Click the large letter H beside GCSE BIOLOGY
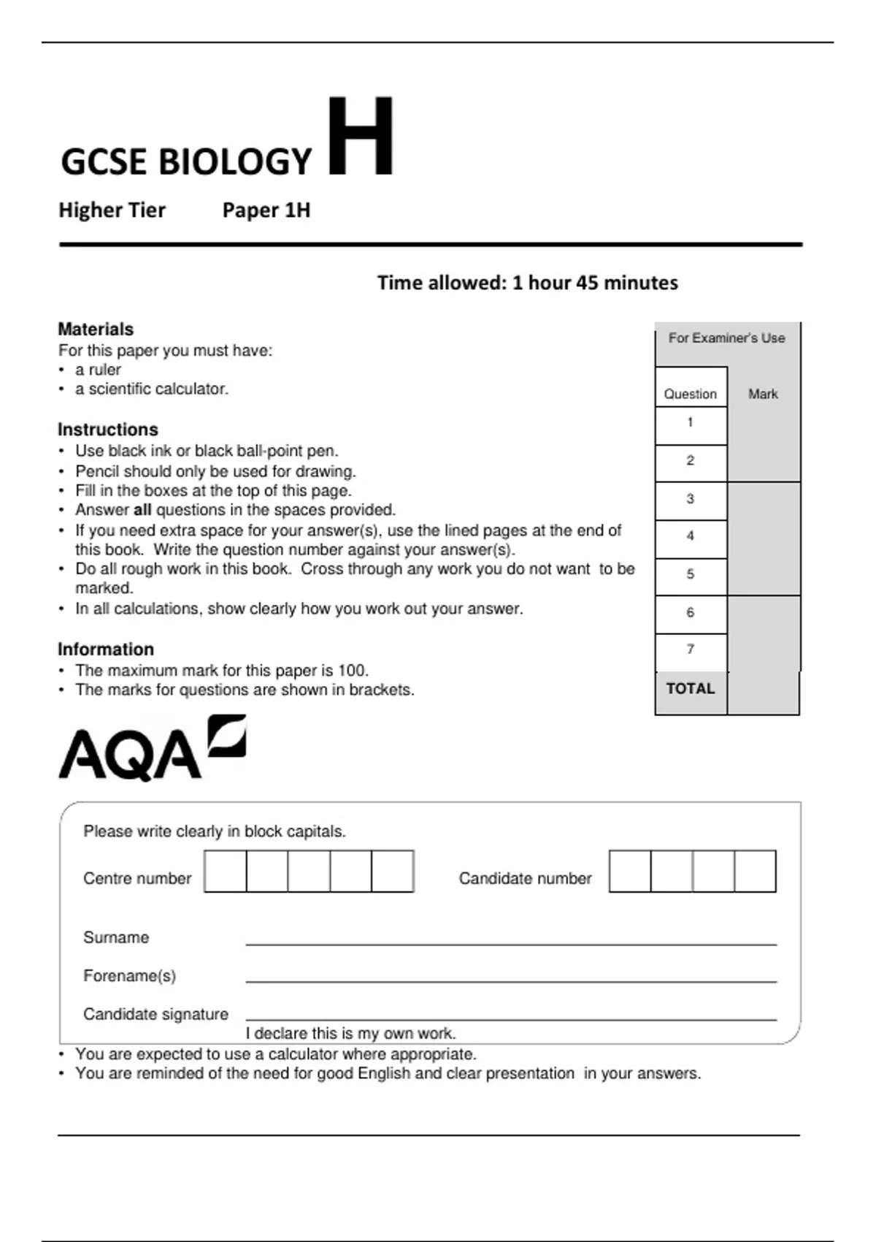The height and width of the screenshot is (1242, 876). pos(361,137)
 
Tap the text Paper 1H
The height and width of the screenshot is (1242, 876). pos(266,210)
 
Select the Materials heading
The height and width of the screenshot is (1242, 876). pos(96,329)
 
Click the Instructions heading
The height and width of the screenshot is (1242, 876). pos(107,430)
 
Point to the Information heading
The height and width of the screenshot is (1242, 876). pos(105,649)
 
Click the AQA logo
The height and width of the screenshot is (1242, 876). pos(151,750)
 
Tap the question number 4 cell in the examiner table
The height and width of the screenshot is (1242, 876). pos(690,536)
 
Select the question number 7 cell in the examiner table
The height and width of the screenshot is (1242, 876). pos(690,649)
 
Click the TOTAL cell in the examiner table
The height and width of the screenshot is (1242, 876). pos(690,689)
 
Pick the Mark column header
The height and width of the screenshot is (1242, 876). pos(763,394)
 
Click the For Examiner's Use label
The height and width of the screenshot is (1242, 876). pos(726,338)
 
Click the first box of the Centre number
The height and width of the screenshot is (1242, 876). pos(226,871)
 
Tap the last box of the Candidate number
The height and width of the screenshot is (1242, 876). pos(755,871)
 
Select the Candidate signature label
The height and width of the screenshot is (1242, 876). pos(155,1014)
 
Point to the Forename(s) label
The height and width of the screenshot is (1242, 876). pos(129,976)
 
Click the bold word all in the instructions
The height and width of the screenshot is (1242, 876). pos(142,510)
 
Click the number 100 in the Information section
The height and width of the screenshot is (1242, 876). pos(352,671)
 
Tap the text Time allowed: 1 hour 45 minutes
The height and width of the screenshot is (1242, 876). pos(527,283)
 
